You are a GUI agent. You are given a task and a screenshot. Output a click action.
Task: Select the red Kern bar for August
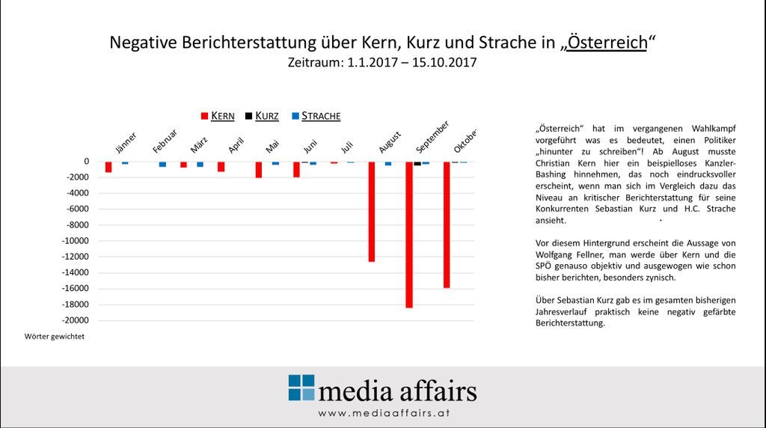[x=371, y=211]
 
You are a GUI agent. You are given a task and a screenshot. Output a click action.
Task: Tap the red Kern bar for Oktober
[x=447, y=224]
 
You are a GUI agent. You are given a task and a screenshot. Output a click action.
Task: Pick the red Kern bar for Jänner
[x=108, y=167]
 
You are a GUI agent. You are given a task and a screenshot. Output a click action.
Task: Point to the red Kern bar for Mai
[x=259, y=170]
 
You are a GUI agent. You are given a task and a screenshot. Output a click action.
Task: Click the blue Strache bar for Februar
[x=162, y=164]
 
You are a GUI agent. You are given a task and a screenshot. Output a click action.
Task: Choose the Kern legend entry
[x=218, y=116]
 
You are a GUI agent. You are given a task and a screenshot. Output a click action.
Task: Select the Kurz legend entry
[x=262, y=116]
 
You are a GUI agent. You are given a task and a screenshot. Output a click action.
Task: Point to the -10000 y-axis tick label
[x=76, y=241]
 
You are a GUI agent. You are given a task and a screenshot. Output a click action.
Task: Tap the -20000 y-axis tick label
[x=76, y=320]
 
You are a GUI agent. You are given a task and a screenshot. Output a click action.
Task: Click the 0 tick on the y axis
[x=87, y=162]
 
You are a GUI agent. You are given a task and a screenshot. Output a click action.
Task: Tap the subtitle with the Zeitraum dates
[x=382, y=63]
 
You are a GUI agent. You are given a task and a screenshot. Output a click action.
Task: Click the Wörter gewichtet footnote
[x=55, y=337]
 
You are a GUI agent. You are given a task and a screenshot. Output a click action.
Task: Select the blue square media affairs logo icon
[x=301, y=388]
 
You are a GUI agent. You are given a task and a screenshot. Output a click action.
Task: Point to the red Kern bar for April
[x=221, y=167]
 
